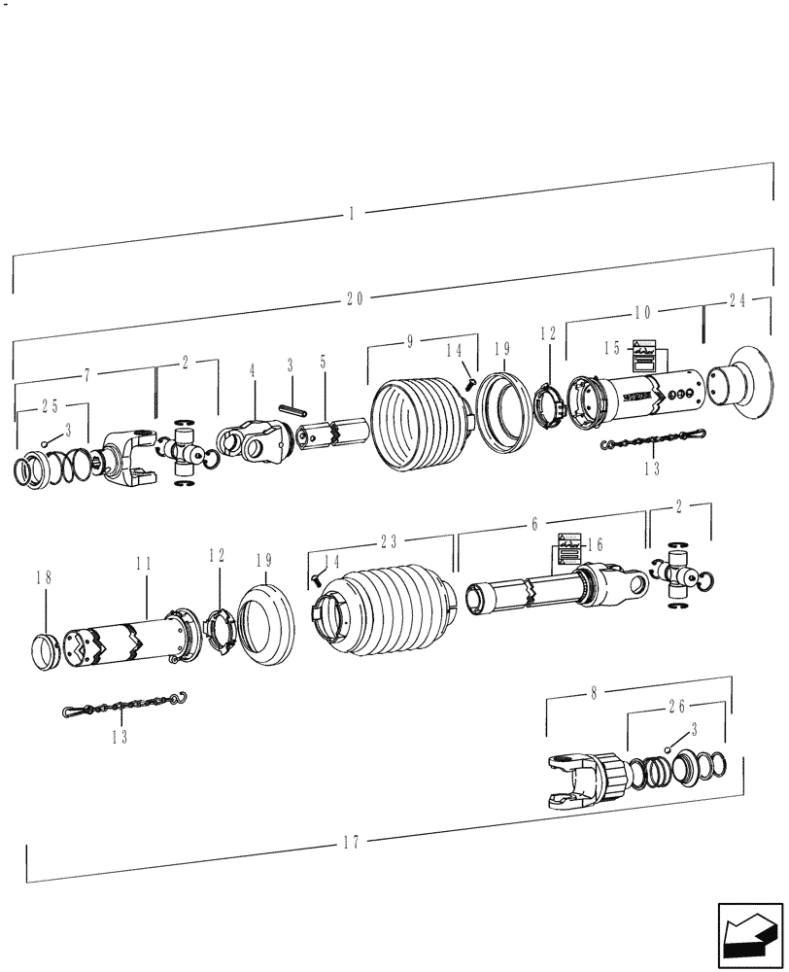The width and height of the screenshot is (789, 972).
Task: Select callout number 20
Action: click(x=355, y=299)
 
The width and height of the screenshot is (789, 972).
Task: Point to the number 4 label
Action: click(x=253, y=370)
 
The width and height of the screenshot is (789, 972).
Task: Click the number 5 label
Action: click(x=323, y=362)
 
